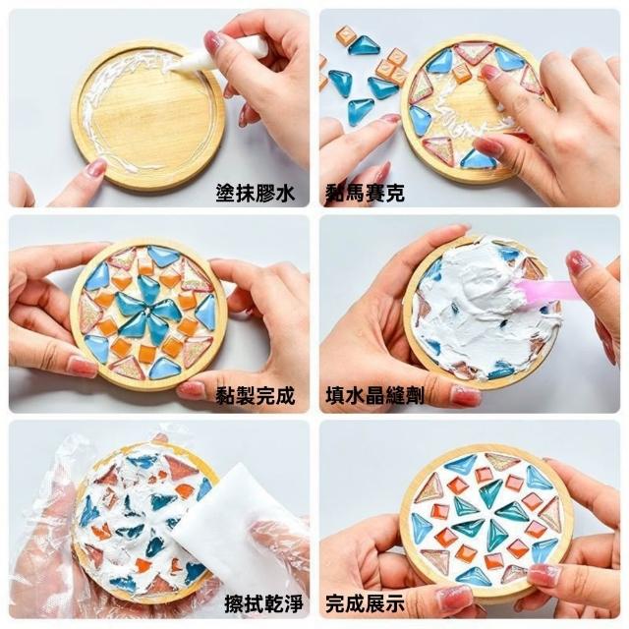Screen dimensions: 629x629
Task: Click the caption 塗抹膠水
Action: pyautogui.click(x=256, y=194)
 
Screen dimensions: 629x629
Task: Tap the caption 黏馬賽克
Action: pyautogui.click(x=365, y=194)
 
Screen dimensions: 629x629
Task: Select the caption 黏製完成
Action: pyautogui.click(x=256, y=396)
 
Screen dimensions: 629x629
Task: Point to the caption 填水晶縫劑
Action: pyautogui.click(x=374, y=396)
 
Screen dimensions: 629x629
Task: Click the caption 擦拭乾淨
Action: pyautogui.click(x=263, y=603)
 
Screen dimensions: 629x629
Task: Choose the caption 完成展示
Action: pyautogui.click(x=365, y=603)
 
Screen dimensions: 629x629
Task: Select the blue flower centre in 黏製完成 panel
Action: pyautogui.click(x=147, y=313)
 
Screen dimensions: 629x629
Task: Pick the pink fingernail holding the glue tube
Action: pyautogui.click(x=215, y=41)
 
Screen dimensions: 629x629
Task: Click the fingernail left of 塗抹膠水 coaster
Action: pyautogui.click(x=95, y=167)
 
